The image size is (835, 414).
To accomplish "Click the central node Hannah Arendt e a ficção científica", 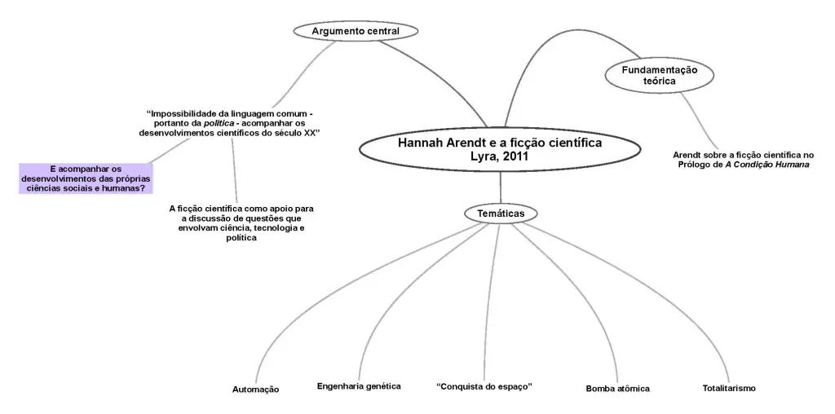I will click(x=500, y=149).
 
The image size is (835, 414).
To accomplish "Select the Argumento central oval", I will click(x=356, y=31).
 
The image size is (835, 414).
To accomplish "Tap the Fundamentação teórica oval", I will click(x=659, y=75).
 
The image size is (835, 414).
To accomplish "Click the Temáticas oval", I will click(x=501, y=213).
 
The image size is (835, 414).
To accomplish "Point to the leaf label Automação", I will click(x=255, y=390).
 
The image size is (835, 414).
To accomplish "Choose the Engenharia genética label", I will click(x=359, y=385).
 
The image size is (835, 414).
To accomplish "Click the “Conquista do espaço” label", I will click(x=484, y=385).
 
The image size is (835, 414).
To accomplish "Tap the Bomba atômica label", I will click(x=617, y=389).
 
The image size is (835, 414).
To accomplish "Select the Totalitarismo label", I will click(x=729, y=388).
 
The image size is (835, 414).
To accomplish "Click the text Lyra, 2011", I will click(x=500, y=156).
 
